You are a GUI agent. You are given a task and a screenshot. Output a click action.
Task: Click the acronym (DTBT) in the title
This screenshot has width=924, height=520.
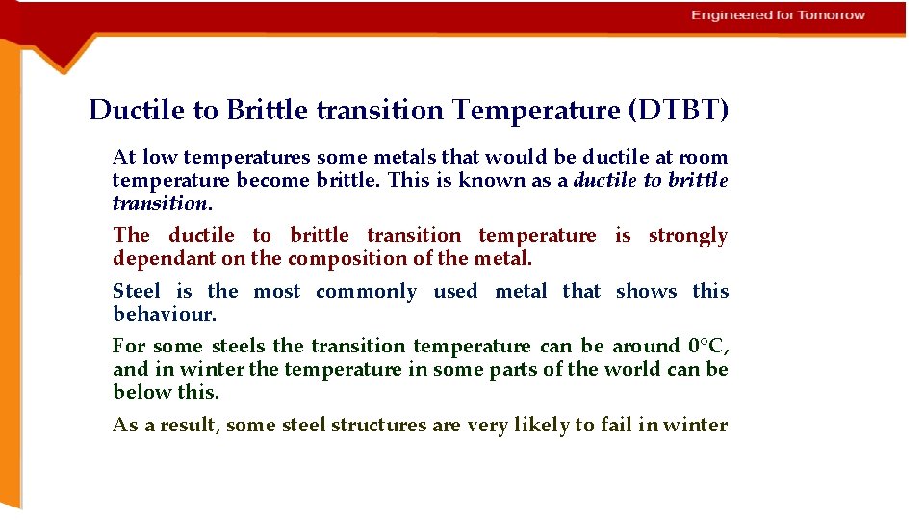[678, 111]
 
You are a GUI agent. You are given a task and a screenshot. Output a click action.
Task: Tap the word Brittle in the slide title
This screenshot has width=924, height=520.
[264, 111]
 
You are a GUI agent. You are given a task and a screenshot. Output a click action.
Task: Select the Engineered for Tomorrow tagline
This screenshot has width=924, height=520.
[778, 15]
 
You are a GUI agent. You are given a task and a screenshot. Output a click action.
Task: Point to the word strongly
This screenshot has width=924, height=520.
[687, 236]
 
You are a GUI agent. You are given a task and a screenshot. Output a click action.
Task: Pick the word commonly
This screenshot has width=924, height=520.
[366, 292]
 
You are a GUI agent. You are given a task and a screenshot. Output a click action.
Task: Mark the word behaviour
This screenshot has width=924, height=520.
[164, 315]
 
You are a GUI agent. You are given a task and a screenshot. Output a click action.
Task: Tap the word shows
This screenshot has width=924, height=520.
[646, 292]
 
